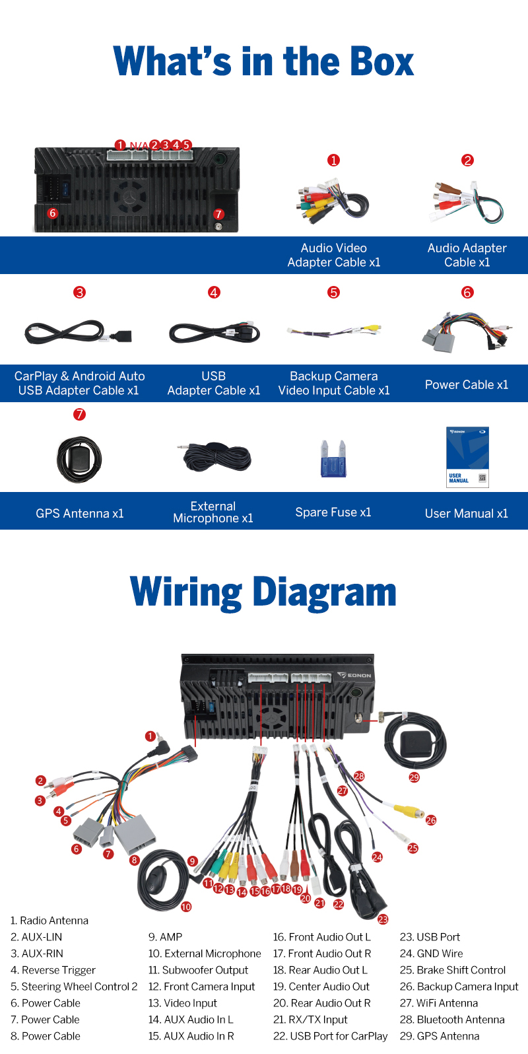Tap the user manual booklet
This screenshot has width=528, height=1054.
[467, 457]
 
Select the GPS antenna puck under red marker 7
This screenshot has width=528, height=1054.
[79, 459]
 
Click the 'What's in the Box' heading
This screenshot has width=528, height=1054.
[264, 61]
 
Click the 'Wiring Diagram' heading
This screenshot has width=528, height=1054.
[263, 592]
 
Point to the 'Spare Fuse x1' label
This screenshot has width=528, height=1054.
[333, 512]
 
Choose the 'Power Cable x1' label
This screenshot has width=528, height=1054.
[467, 384]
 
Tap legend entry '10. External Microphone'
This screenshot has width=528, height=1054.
[205, 954]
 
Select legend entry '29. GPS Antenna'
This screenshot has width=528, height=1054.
[440, 1036]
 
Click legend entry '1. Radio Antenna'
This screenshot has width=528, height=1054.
[49, 921]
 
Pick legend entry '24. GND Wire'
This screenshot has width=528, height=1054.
[431, 954]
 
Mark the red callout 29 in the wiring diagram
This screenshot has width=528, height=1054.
[414, 777]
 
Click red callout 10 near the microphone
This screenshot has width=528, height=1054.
[186, 906]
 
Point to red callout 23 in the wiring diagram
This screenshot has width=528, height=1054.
[383, 919]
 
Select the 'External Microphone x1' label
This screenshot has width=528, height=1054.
[213, 512]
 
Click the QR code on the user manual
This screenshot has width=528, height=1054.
[482, 478]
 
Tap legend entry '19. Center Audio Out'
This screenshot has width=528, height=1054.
[321, 986]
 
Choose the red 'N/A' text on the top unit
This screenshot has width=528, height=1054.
[139, 145]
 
